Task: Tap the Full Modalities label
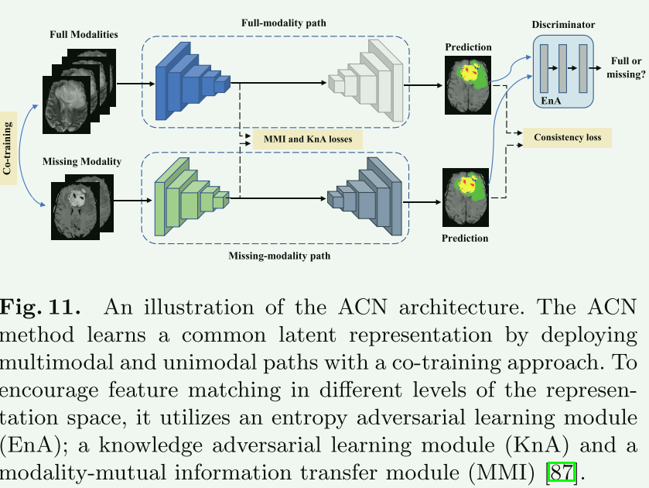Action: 84,35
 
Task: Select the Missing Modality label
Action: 82,162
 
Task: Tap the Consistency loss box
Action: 568,138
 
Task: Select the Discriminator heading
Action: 563,25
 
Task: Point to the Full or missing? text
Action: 628,68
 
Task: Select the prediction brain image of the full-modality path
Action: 467,83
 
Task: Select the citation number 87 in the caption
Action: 560,470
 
